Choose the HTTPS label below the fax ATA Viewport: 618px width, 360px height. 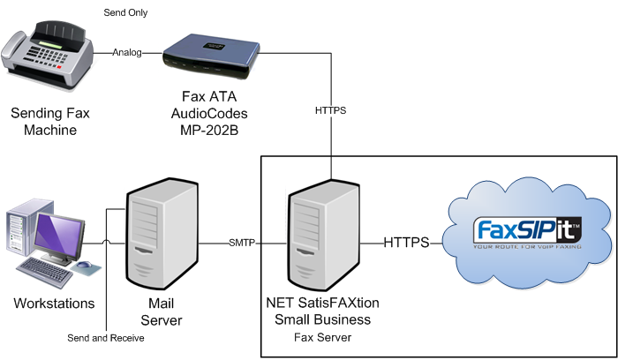click(x=330, y=112)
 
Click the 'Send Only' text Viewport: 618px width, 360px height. click(x=125, y=13)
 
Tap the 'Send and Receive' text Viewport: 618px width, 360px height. click(x=106, y=337)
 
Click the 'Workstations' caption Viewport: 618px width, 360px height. click(x=54, y=304)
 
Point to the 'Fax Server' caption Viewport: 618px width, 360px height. click(x=322, y=337)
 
